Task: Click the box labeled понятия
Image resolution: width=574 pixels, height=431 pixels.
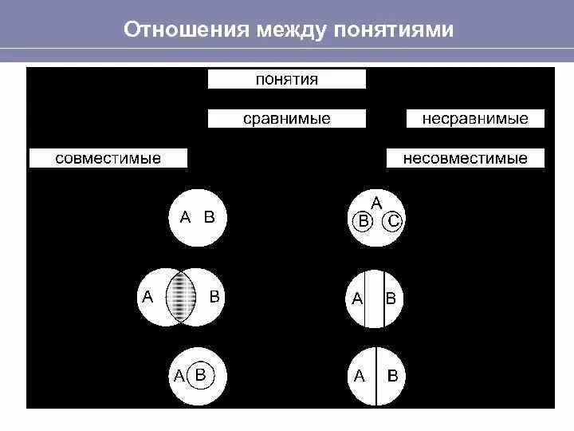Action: click(x=287, y=79)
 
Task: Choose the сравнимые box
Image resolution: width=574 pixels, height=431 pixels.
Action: click(x=287, y=119)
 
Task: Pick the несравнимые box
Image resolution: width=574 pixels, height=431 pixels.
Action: click(x=476, y=119)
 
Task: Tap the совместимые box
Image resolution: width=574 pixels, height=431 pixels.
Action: click(x=108, y=158)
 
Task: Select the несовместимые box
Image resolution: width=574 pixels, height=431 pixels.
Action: click(x=466, y=158)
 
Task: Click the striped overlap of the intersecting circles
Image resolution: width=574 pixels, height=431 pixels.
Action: click(x=183, y=297)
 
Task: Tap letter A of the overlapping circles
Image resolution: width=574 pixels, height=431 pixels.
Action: click(x=147, y=297)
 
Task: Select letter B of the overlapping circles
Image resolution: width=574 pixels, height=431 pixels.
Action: click(x=214, y=297)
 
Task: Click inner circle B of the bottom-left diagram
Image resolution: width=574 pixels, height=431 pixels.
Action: click(x=201, y=374)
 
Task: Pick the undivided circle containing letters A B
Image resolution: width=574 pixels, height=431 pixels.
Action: click(x=198, y=216)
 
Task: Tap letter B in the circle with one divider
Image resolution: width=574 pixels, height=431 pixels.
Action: click(x=392, y=375)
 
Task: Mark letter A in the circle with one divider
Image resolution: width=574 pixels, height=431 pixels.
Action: click(x=360, y=375)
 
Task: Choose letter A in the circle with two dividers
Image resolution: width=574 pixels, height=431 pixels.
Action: click(x=358, y=299)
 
